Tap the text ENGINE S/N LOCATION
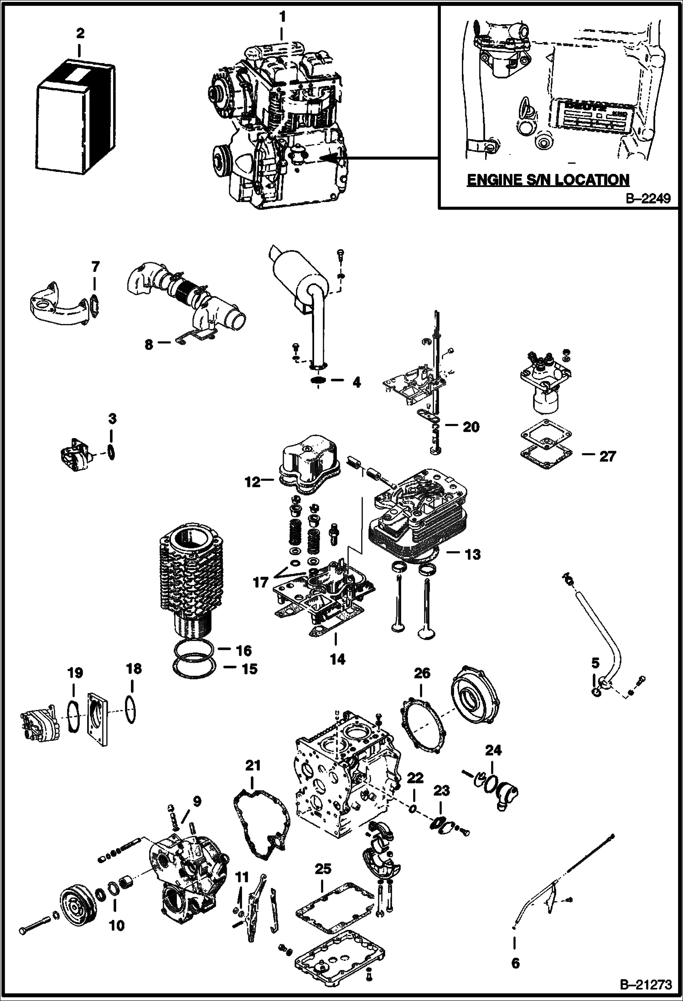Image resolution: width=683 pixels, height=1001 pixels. click(x=548, y=179)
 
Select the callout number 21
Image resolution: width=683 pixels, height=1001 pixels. click(x=253, y=765)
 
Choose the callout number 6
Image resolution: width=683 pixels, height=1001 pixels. click(x=515, y=950)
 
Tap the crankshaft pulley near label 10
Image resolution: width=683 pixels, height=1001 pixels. click(x=77, y=898)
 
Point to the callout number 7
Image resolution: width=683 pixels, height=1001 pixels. click(x=94, y=266)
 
